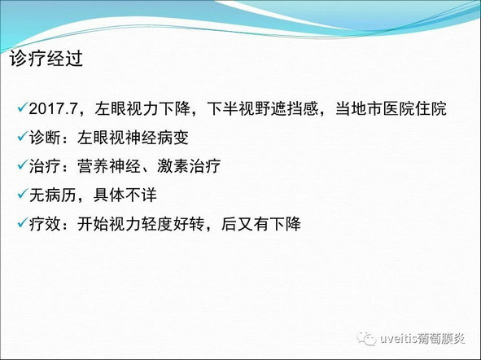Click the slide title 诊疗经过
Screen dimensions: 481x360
click(46, 59)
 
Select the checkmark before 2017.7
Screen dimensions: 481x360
click(23, 108)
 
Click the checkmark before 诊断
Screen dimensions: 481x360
click(23, 136)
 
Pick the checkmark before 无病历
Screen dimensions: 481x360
click(23, 194)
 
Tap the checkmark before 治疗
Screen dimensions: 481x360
click(23, 165)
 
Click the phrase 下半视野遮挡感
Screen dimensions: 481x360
click(263, 108)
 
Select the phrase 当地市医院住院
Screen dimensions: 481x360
click(391, 108)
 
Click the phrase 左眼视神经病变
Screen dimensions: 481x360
click(133, 138)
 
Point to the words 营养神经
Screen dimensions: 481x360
click(109, 166)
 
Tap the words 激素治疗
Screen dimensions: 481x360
click(189, 166)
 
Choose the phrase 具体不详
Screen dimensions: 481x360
click(125, 195)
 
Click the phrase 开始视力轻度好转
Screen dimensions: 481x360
click(141, 224)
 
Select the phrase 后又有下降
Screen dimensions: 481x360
click(261, 224)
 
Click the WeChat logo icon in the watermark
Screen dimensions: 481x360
click(366, 338)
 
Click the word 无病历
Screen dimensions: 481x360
click(53, 195)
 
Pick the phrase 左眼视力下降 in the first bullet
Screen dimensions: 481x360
click(142, 108)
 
